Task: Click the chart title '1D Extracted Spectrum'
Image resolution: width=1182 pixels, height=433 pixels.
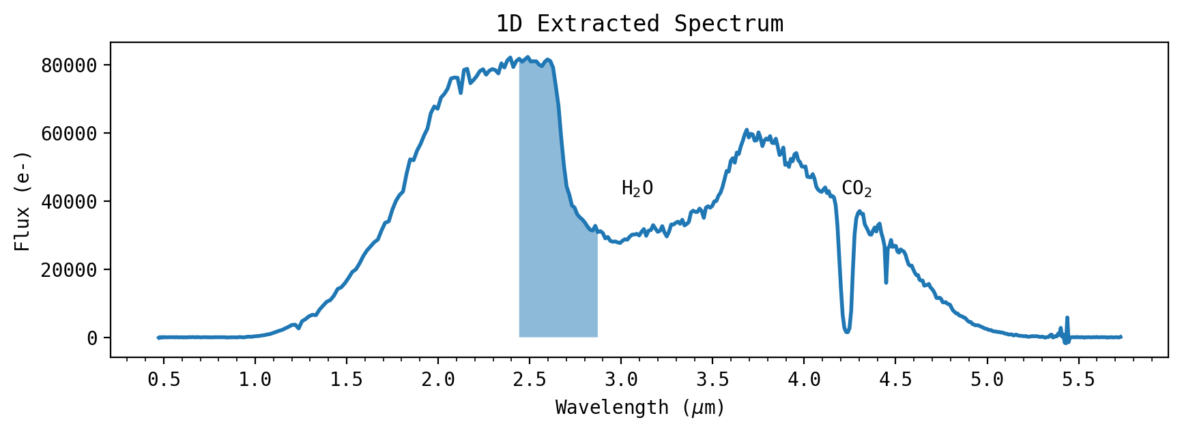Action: (x=639, y=24)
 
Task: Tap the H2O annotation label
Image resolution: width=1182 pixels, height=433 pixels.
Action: (x=637, y=188)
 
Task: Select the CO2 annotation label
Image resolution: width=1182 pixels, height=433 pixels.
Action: (x=856, y=188)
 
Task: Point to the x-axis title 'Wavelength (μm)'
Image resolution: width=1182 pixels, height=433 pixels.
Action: (x=639, y=408)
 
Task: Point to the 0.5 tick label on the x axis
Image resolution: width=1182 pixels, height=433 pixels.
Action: (x=164, y=379)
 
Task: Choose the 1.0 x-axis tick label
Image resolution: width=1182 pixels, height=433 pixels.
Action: (x=255, y=379)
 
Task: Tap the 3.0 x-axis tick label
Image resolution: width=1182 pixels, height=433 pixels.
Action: (x=621, y=379)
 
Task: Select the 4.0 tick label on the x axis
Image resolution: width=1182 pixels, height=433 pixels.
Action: (x=804, y=379)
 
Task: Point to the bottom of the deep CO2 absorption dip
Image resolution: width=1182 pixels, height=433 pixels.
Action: (x=847, y=331)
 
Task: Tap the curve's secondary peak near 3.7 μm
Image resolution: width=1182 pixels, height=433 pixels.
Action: (x=747, y=130)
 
